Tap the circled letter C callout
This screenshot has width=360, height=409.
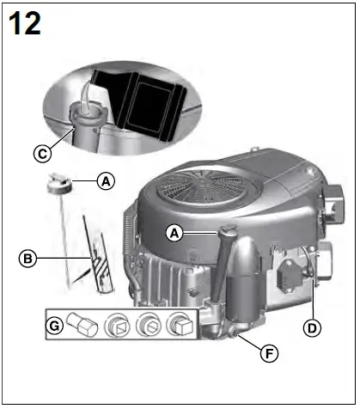(40, 154)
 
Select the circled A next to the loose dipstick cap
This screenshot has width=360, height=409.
(105, 181)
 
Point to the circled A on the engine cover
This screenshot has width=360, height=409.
(174, 231)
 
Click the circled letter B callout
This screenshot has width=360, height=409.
(27, 257)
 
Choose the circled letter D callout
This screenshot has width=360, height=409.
(312, 327)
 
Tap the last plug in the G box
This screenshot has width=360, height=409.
(180, 325)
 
